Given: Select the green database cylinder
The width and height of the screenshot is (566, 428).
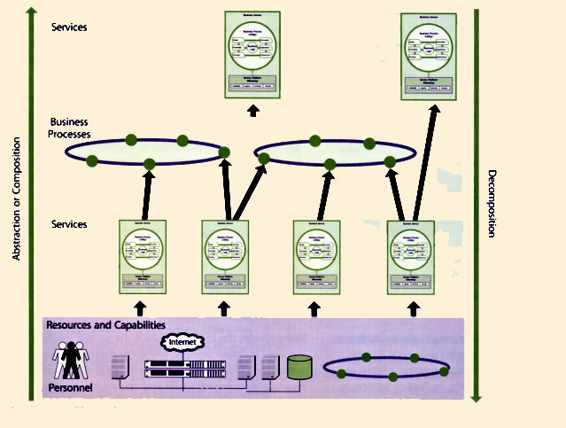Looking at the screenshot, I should pos(299,367).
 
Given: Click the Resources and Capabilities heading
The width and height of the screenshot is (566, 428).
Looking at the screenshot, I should pos(105,325).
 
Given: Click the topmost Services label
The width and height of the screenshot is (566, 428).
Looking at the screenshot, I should pos(69,27).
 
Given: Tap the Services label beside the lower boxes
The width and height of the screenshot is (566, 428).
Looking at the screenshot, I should pos(69,224).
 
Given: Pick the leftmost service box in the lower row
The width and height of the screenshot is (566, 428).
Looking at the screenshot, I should pos(143,256).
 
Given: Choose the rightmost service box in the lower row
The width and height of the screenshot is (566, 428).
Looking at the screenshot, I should pos(411,256).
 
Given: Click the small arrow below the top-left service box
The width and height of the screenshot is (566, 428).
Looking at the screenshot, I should pos(253,110).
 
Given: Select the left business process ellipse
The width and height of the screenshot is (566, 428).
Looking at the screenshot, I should pos(146,152).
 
